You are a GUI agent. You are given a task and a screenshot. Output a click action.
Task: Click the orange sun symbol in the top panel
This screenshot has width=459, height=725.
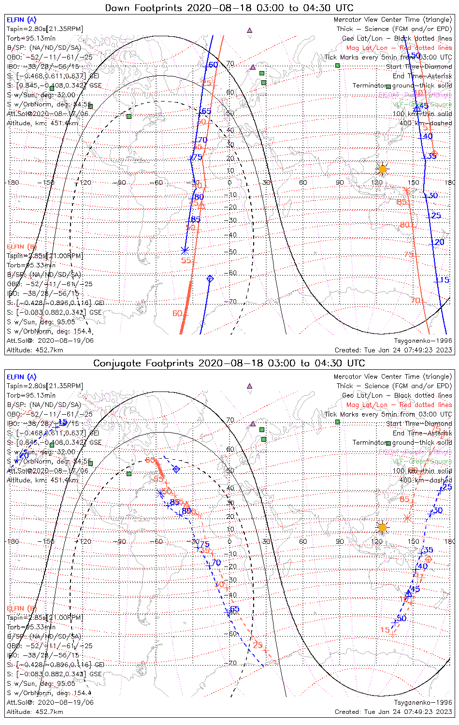pos(382,169)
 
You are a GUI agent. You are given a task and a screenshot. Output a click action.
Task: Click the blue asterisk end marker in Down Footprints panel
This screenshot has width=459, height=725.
pos(185,250)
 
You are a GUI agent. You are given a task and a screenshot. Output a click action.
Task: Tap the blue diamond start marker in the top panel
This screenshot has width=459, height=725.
pos(210,278)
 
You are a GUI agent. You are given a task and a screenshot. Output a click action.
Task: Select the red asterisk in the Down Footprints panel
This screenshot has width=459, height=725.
pos(407,191)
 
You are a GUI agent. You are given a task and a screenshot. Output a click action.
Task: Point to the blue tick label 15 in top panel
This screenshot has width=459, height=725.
pos(445,280)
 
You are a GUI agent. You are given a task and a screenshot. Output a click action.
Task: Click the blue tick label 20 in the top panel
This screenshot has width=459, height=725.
pos(439,242)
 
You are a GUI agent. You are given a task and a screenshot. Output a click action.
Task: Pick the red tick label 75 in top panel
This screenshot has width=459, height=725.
pos(409,255)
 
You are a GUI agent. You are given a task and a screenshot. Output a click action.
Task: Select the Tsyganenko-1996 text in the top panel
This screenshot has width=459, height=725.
pos(423,341)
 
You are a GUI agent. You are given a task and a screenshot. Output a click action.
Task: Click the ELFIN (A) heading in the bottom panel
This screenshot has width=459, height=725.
pos(21,377)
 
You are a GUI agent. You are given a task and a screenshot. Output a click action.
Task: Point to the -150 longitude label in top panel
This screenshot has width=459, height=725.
pos(48,182)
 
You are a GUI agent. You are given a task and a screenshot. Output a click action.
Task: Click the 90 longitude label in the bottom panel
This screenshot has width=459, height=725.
pos(340,541)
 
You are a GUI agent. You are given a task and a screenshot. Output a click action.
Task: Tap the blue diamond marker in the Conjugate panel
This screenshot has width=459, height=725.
pos(176,469)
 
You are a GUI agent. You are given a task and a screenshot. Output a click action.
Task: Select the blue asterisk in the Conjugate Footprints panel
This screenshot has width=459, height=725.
pos(160,493)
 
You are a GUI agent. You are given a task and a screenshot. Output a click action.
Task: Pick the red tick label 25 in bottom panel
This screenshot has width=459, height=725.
pos(258,645)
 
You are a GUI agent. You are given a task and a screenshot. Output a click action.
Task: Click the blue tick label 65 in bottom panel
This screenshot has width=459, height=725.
pos(234,609)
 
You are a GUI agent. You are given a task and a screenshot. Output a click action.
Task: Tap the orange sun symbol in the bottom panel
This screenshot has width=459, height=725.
pos(382,527)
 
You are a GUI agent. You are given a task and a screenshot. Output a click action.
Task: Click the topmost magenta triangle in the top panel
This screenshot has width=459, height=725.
pos(249,30)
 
